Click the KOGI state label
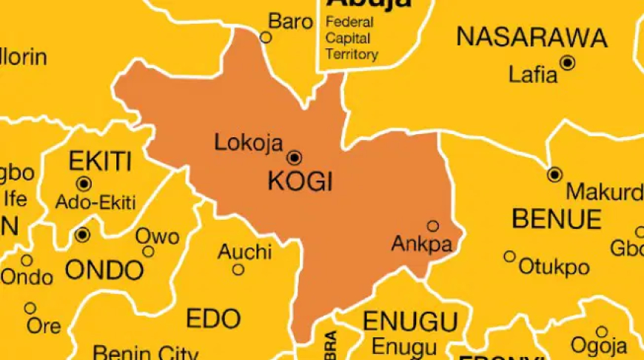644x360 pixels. tap(300, 181)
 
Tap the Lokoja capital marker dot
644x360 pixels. tap(295, 157)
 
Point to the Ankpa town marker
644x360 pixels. tap(433, 226)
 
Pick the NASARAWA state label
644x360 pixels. tap(531, 37)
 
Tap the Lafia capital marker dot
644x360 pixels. tap(568, 63)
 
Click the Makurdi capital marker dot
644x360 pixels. tap(554, 175)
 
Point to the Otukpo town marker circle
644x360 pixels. tap(509, 256)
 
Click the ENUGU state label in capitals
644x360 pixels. tap(409, 322)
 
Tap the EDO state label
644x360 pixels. tap(213, 319)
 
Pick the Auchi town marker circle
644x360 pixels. tap(238, 270)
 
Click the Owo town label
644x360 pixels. tap(157, 237)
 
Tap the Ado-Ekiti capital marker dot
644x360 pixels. tap(84, 183)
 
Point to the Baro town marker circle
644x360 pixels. tap(266, 36)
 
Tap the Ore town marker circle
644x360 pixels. tap(30, 308)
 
